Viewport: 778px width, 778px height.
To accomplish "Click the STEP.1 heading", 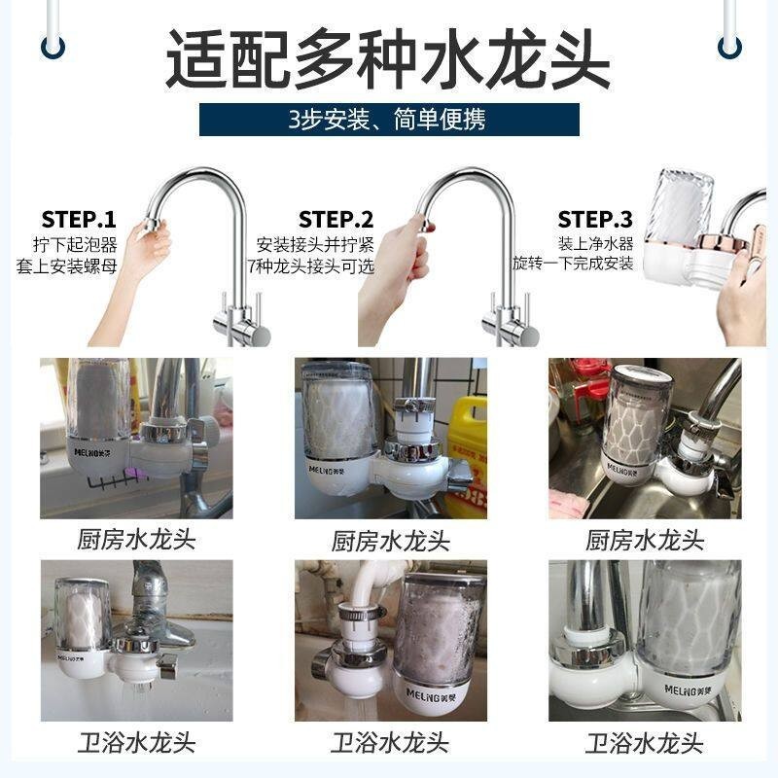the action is pyautogui.click(x=79, y=220).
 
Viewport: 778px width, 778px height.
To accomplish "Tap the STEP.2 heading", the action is pyautogui.click(x=336, y=220).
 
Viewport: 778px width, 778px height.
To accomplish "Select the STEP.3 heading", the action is pyautogui.click(x=595, y=220).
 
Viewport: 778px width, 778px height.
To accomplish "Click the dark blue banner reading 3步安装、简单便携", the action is pyautogui.click(x=389, y=120).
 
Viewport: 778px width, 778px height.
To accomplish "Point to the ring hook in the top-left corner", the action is pyautogui.click(x=53, y=47).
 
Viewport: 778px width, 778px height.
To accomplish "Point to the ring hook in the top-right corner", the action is pyautogui.click(x=730, y=47).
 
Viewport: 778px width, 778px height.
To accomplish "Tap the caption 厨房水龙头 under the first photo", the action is pyautogui.click(x=136, y=540).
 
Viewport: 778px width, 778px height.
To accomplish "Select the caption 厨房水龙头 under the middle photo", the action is pyautogui.click(x=391, y=541).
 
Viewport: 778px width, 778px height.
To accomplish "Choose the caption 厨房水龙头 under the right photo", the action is pyautogui.click(x=645, y=540).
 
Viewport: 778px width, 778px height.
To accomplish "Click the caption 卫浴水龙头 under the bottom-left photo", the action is pyautogui.click(x=136, y=743).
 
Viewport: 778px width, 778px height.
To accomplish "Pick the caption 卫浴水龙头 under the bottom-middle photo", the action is pyautogui.click(x=391, y=743).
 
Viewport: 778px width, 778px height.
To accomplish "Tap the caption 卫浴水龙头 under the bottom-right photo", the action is pyautogui.click(x=645, y=743).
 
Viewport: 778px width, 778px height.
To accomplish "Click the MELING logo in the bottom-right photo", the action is pyautogui.click(x=688, y=690).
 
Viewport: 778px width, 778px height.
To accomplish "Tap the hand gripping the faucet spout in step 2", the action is pyautogui.click(x=397, y=278).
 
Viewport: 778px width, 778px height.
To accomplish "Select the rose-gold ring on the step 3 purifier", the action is pyautogui.click(x=722, y=244).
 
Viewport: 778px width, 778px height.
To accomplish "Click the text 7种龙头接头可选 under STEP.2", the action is pyautogui.click(x=311, y=266).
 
